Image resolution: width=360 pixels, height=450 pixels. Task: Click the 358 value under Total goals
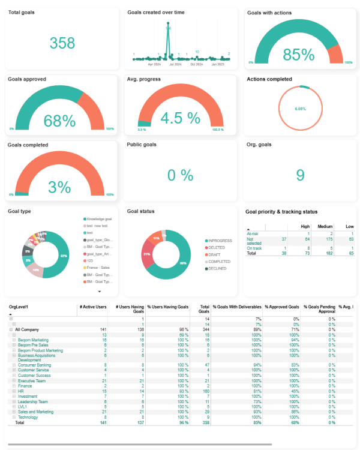(x=62, y=43)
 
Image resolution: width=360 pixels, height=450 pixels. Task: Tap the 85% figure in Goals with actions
(x=299, y=55)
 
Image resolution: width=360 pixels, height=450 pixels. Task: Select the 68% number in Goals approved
(x=59, y=121)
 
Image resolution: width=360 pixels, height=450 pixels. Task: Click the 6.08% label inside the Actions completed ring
(x=301, y=109)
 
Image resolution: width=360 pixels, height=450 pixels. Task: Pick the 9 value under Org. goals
(x=300, y=175)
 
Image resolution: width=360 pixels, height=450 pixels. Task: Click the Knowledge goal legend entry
(x=99, y=220)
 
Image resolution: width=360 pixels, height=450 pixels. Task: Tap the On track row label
(x=254, y=248)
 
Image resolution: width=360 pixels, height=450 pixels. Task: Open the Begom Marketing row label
(x=33, y=340)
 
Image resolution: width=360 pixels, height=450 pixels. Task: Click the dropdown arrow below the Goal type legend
(x=99, y=291)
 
